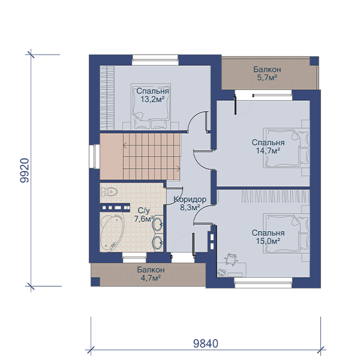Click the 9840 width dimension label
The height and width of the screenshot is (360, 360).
[x=205, y=344]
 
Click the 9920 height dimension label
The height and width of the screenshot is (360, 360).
[x=25, y=170]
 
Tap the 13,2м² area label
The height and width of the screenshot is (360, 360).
[x=152, y=100]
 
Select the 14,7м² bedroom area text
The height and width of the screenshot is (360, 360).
[x=268, y=151]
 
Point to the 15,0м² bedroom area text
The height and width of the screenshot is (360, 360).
[x=268, y=241]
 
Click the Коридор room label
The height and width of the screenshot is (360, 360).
[x=190, y=199]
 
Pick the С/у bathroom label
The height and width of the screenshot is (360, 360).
[x=144, y=211]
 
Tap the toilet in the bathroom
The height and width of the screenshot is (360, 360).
[x=109, y=191]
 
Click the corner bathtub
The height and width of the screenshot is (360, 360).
[x=112, y=232]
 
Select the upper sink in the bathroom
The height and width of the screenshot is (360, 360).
[x=158, y=224]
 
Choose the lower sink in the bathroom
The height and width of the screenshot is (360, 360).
[x=158, y=242]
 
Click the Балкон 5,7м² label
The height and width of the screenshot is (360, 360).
[x=267, y=73]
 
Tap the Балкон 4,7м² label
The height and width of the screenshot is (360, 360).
[x=151, y=274]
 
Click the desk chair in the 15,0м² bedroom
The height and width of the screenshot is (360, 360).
[x=231, y=259]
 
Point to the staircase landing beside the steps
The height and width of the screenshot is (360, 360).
[x=112, y=157]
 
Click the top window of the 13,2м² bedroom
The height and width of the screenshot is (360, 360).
[x=155, y=60]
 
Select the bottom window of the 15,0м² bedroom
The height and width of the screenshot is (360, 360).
[x=263, y=283]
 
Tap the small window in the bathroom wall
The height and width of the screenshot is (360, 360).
[x=134, y=257]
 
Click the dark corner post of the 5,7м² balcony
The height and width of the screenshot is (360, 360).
[x=314, y=61]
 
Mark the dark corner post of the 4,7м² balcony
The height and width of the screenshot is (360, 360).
[x=95, y=282]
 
